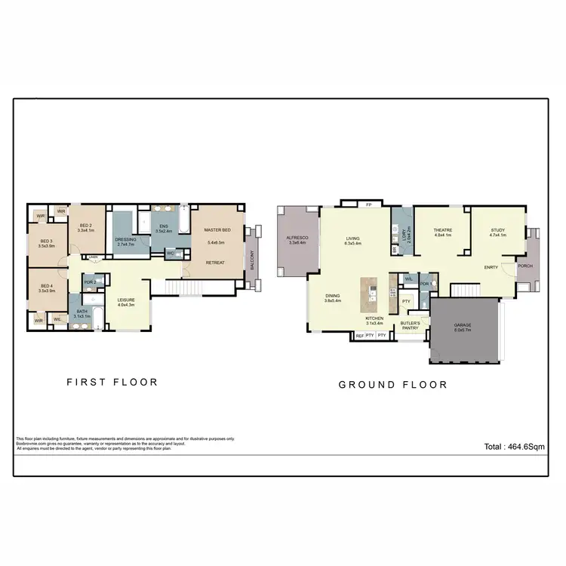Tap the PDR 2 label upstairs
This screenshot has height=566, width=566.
click(x=89, y=282)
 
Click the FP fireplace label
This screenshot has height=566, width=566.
click(x=368, y=204)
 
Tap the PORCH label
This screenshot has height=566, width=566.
click(x=525, y=266)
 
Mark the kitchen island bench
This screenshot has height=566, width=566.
click(x=369, y=294)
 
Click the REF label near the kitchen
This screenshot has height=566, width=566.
click(x=359, y=335)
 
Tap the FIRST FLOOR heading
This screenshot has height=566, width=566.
click(x=112, y=382)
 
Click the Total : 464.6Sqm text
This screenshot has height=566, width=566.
click(x=515, y=447)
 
